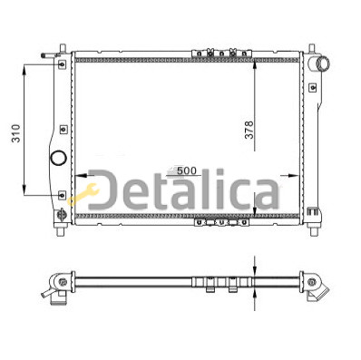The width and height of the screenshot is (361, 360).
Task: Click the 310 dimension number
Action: [15, 133]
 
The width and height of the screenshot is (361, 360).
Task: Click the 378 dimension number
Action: [249, 130]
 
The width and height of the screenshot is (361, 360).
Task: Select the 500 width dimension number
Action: [187, 170]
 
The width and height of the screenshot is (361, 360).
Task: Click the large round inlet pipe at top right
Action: [323, 63]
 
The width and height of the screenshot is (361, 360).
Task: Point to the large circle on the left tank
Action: [58, 158]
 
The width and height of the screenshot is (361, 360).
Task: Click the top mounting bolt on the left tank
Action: [62, 64]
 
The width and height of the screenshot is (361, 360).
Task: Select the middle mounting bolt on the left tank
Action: [63, 130]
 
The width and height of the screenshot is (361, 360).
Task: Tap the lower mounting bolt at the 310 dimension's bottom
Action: [62, 195]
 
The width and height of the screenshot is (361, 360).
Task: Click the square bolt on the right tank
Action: [313, 88]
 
